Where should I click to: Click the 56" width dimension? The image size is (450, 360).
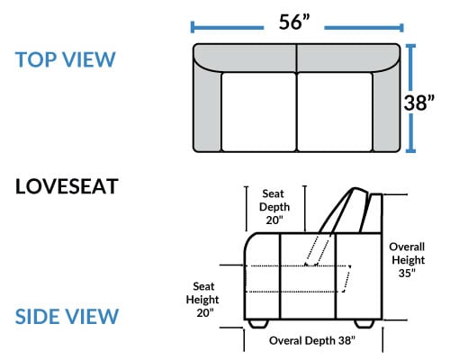[x=294, y=22]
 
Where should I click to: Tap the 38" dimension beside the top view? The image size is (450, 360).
[x=418, y=103]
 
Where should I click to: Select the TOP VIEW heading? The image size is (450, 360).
[x=65, y=59]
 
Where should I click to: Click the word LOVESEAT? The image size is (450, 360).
[x=67, y=186]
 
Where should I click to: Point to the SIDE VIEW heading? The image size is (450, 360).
[x=67, y=316]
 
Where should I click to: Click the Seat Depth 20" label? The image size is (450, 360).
[x=274, y=207]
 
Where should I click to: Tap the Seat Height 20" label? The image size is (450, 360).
[x=202, y=300]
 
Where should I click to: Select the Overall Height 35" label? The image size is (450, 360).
[x=408, y=260]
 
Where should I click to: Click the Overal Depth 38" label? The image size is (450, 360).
[x=312, y=340]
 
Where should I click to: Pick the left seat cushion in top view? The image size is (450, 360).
[x=259, y=112]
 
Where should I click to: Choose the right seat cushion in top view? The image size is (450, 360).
[x=335, y=112]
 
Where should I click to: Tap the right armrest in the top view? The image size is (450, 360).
[x=387, y=110]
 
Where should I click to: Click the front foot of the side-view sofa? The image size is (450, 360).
[x=258, y=323]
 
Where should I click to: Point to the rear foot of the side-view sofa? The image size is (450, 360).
[x=364, y=323]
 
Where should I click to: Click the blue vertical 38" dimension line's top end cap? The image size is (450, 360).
[x=410, y=46]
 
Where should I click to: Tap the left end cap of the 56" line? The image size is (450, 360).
[x=193, y=28]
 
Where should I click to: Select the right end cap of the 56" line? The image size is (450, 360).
[x=401, y=28]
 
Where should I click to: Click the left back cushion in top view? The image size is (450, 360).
[x=246, y=58]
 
